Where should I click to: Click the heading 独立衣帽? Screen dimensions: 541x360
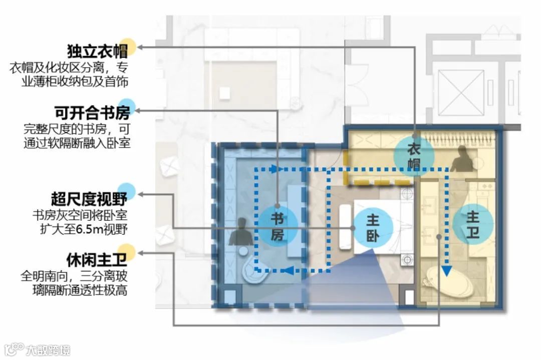95,51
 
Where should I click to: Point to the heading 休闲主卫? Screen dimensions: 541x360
95,260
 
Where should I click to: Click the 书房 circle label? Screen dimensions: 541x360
278,226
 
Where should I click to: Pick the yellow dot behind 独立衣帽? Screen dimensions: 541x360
128,46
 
